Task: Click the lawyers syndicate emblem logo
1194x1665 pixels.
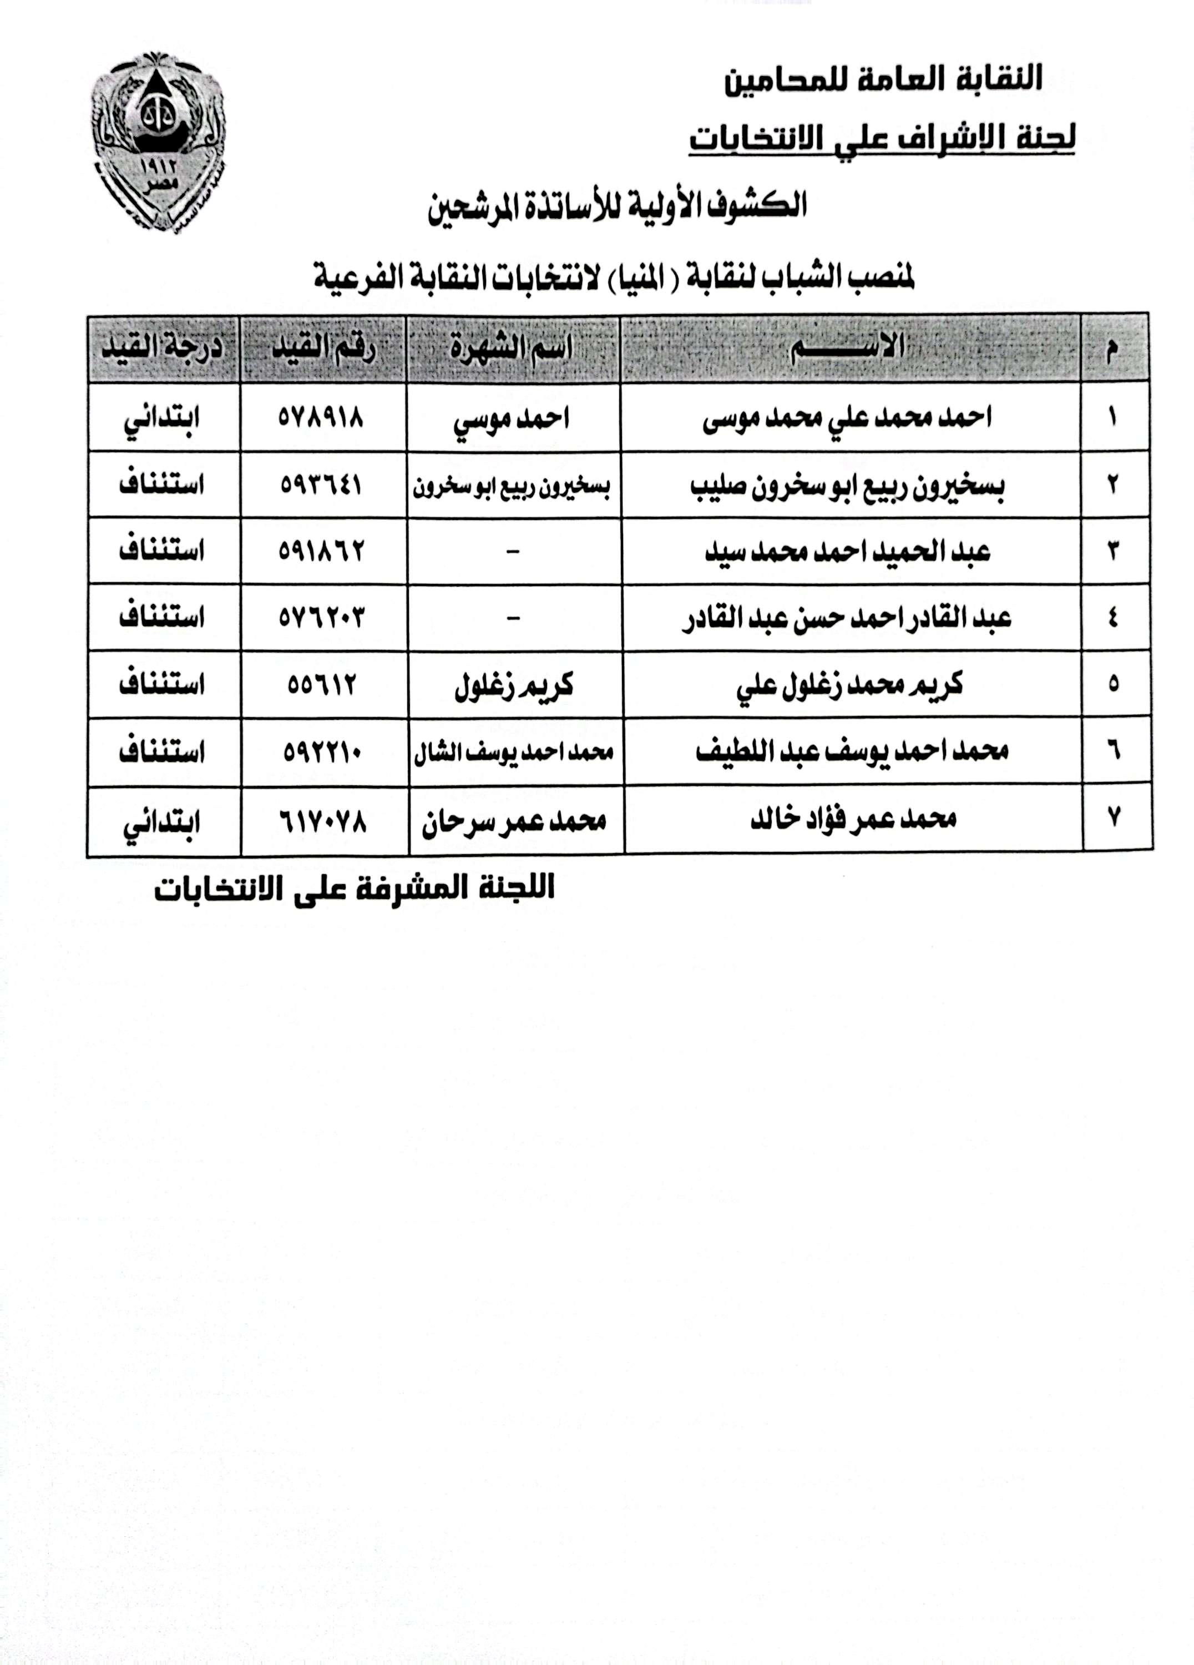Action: tap(159, 142)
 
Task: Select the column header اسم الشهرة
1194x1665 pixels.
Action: tap(512, 348)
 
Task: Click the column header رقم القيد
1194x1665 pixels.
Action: tap(323, 348)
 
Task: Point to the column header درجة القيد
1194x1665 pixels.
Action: tap(161, 348)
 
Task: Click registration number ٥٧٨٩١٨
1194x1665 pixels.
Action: tap(321, 418)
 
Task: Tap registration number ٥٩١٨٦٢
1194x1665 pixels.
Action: tap(321, 551)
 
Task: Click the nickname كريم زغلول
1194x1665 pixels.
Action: tap(513, 685)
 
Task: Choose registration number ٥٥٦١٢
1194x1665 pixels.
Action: tap(321, 685)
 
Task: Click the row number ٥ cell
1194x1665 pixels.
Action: tap(1114, 685)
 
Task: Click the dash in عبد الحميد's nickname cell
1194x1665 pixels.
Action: tap(513, 551)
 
